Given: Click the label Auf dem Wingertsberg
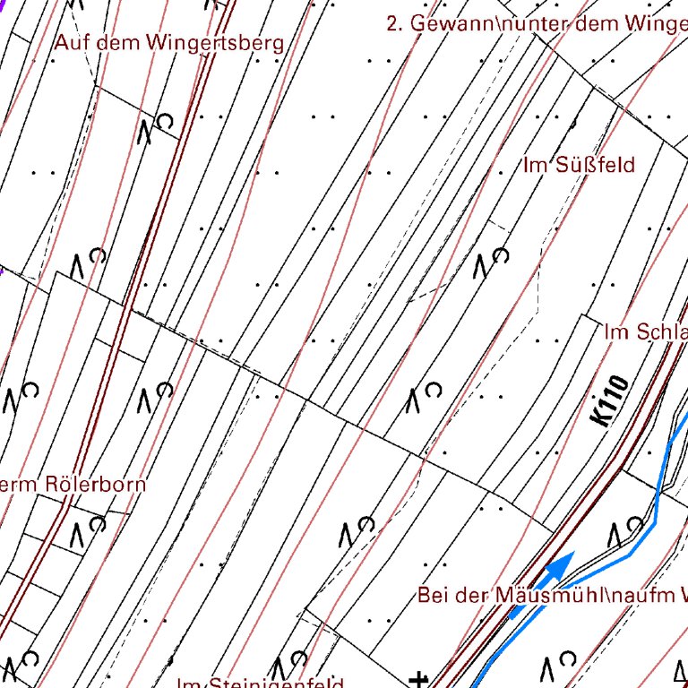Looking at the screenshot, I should pyautogui.click(x=169, y=42).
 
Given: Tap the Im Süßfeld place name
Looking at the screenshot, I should pyautogui.click(x=579, y=165).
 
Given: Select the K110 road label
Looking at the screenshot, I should pyautogui.click(x=610, y=400).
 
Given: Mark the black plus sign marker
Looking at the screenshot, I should pyautogui.click(x=417, y=679).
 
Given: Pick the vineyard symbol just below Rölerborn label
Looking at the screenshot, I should pyautogui.click(x=89, y=530).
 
